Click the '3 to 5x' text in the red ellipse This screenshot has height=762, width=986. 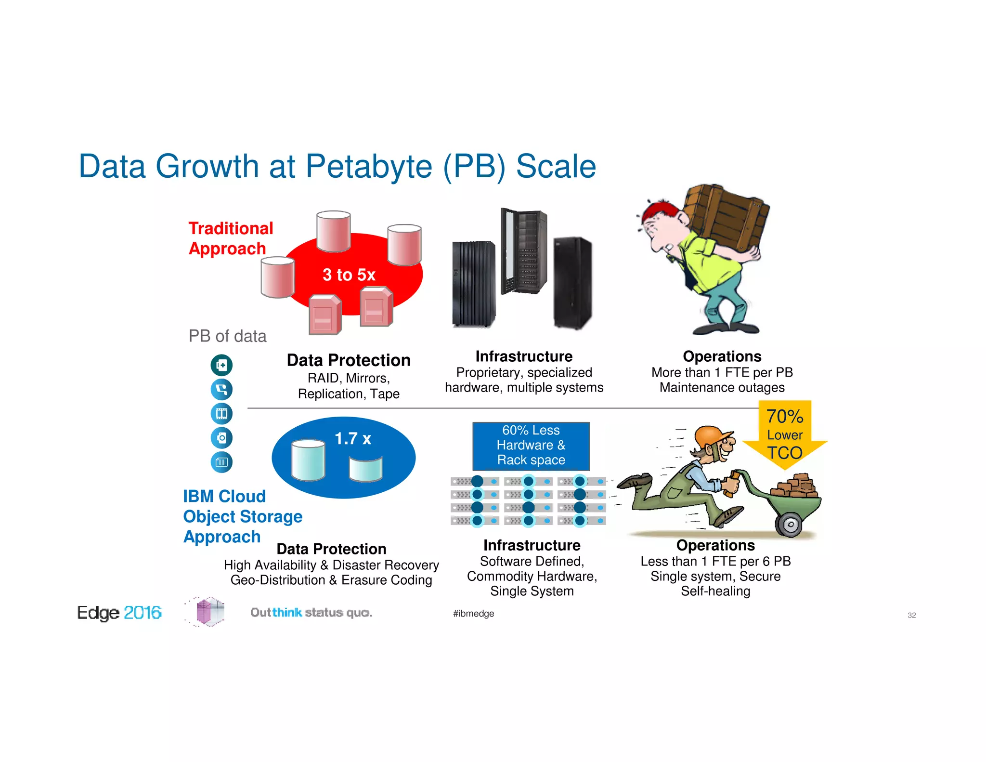349,275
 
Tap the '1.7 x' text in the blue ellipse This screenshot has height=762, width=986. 353,439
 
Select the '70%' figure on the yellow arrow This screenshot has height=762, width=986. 785,416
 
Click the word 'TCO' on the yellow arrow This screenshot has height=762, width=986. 785,453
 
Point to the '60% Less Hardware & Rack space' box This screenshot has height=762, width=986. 531,446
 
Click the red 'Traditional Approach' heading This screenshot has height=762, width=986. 231,238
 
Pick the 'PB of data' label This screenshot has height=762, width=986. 227,336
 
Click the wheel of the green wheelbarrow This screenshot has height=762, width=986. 790,524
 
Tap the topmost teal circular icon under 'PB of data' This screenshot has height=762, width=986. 221,365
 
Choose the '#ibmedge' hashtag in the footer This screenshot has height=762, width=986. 473,614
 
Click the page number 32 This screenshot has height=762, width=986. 911,616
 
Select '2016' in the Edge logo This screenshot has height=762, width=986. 143,613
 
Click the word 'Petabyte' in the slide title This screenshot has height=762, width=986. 369,167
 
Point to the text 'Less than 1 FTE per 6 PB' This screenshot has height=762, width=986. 715,561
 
